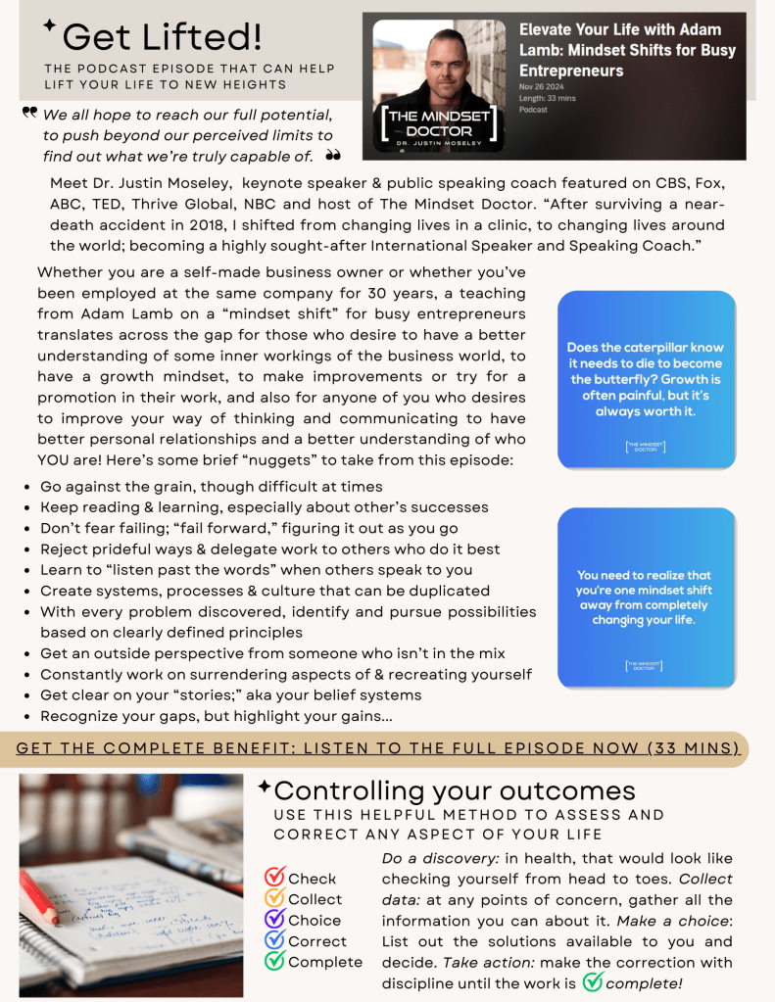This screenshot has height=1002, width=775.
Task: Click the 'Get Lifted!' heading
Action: [162, 37]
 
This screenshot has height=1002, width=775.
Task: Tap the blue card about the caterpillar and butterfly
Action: [646, 379]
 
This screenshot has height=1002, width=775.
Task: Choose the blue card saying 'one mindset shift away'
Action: [646, 596]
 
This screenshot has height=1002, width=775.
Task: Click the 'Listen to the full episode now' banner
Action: [378, 748]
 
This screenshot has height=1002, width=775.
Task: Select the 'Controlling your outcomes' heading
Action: [455, 790]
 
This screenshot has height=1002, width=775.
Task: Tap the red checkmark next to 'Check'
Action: [275, 878]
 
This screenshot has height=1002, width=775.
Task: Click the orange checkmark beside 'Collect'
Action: [275, 898]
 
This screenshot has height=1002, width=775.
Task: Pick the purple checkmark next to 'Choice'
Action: [275, 920]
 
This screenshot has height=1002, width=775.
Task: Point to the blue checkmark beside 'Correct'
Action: [275, 940]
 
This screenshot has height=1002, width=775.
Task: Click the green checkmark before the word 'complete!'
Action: [593, 981]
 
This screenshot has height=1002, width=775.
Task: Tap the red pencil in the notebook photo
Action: [39, 897]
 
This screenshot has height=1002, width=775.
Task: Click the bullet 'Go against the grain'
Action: [211, 487]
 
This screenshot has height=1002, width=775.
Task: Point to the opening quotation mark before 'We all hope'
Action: [29, 114]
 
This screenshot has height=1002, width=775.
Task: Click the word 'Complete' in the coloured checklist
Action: [325, 962]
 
